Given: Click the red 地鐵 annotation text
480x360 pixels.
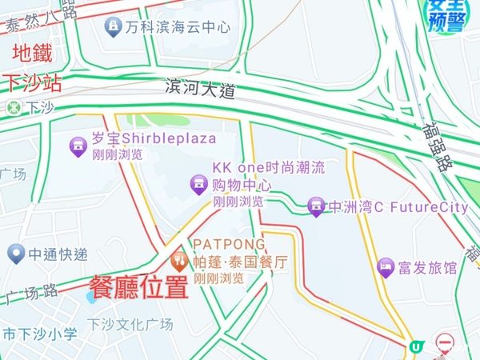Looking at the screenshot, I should (x=32, y=54).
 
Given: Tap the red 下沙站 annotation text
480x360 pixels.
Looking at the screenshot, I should (x=33, y=83).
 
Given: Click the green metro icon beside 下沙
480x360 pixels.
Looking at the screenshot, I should (x=14, y=106).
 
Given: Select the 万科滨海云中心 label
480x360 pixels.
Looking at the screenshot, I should (x=177, y=27).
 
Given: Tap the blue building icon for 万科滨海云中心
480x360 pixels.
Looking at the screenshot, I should (x=113, y=27).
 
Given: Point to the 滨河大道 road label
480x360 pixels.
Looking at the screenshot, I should (x=201, y=89).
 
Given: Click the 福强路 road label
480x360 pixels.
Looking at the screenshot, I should (x=433, y=143).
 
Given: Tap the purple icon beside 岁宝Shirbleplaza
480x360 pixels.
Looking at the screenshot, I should (x=78, y=145).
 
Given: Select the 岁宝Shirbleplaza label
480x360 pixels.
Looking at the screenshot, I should (x=154, y=139).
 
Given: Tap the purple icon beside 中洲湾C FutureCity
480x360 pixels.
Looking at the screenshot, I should (x=316, y=207).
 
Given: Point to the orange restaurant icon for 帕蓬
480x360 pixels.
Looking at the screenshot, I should (x=178, y=260).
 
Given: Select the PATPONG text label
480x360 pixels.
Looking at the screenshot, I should (x=229, y=243).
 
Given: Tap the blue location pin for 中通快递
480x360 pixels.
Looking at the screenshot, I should (x=14, y=254).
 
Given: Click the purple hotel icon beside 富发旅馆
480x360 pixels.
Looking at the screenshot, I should (x=386, y=267).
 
